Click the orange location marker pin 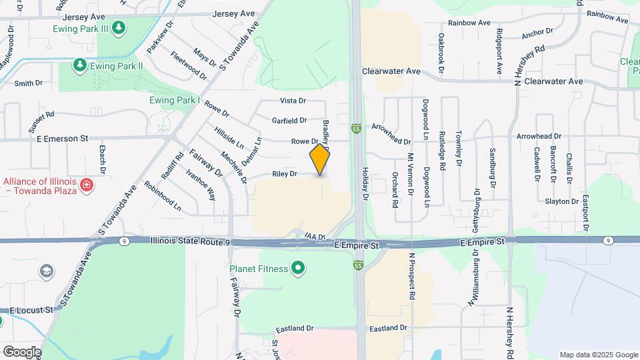click(x=320, y=159)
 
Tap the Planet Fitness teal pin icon click(x=298, y=269)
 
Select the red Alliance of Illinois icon click(x=86, y=184)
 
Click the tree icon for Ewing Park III click(x=119, y=27)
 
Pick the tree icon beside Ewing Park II click(x=79, y=65)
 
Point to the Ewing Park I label click(x=175, y=100)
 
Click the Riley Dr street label click(x=284, y=174)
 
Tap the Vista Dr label click(x=293, y=101)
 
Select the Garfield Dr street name click(x=289, y=121)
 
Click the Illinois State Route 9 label click(x=190, y=241)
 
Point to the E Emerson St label click(x=63, y=139)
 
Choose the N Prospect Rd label click(x=412, y=275)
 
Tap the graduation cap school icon click(x=46, y=271)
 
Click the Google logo click(x=22, y=351)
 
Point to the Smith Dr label click(x=28, y=83)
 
